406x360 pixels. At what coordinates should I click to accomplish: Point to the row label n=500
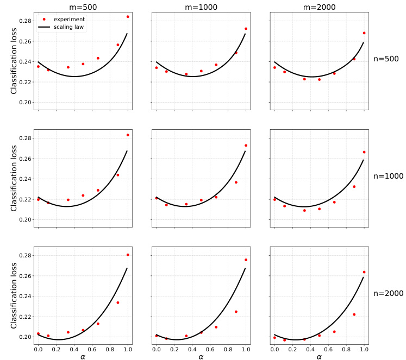click(x=388, y=59)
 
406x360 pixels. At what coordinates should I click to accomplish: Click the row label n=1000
click(x=388, y=176)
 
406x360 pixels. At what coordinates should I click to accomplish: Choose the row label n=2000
click(x=388, y=293)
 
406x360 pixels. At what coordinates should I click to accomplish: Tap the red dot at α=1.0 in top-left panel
click(x=128, y=17)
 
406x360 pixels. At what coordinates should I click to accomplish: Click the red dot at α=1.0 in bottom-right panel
click(x=364, y=272)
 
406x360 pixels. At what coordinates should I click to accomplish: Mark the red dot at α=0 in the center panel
click(x=157, y=198)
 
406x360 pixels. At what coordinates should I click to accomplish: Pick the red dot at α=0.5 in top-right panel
click(x=319, y=79)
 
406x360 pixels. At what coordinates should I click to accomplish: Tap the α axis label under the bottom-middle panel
click(x=201, y=356)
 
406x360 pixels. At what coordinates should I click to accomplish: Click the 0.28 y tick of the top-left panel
click(x=25, y=21)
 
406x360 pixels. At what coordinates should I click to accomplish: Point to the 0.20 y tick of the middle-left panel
click(x=25, y=220)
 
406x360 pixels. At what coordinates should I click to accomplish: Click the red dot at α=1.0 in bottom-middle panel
click(x=246, y=260)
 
